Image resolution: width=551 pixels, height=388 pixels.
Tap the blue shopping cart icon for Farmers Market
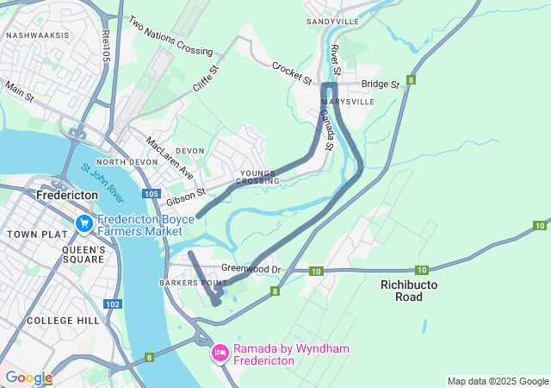84,224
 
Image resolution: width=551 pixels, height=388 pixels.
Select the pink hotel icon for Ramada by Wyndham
220,354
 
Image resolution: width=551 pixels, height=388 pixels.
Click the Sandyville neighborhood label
333,21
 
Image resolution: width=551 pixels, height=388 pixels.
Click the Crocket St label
292,73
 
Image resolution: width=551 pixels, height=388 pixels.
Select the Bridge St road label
381,84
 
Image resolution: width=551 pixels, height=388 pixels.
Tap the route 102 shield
113,304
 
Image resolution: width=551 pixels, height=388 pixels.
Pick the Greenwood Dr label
251,269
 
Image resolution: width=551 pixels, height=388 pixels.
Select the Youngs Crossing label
259,177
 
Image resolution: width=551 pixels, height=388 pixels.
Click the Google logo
28,378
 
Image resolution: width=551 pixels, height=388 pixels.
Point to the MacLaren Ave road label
170,157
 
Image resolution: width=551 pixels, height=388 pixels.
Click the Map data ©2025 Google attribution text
497,381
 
